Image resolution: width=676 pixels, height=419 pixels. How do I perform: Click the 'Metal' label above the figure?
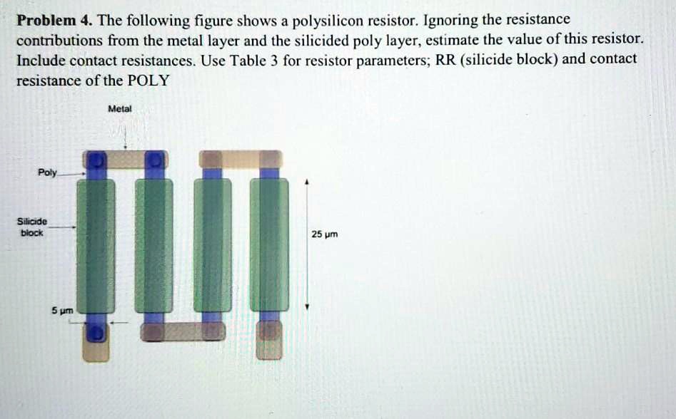click(119, 109)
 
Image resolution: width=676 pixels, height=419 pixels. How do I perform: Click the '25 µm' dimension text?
click(324, 234)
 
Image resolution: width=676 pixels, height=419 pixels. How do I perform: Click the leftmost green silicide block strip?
click(96, 245)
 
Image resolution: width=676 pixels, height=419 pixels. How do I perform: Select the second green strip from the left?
click(153, 245)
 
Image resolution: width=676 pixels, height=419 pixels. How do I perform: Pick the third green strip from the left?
click(212, 245)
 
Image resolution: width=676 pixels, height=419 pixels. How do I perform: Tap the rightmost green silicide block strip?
click(269, 245)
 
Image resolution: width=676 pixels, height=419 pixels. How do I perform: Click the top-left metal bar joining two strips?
click(125, 160)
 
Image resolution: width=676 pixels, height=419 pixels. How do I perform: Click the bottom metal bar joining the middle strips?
click(183, 330)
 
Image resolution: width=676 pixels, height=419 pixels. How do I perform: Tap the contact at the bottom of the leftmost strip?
click(96, 332)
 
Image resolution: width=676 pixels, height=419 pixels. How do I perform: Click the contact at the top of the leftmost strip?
click(96, 160)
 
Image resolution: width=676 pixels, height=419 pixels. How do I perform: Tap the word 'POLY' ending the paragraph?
click(148, 80)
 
